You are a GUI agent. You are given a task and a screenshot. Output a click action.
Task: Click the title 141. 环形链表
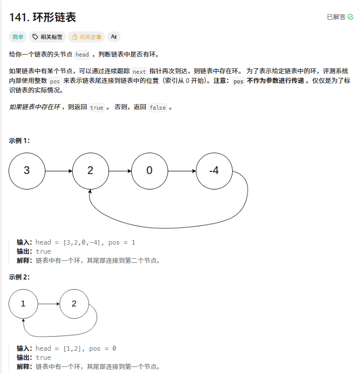pos(42,17)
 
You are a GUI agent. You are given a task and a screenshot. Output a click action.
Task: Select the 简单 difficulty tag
pos(18,36)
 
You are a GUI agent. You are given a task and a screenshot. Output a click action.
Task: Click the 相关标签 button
pos(48,36)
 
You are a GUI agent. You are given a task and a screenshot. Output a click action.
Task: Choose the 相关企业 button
pos(86,36)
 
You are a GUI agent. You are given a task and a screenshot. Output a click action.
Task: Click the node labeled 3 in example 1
pos(27,170)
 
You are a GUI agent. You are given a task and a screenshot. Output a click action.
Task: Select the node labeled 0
pos(149,170)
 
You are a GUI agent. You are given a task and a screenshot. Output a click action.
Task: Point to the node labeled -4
pos(214,170)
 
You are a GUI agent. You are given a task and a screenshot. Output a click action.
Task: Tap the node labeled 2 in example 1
pos(90,170)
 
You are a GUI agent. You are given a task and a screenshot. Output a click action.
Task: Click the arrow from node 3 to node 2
pos(59,171)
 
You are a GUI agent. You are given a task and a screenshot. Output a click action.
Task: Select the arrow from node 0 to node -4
pos(181,171)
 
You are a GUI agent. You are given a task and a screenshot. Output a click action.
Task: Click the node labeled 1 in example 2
pos(23,304)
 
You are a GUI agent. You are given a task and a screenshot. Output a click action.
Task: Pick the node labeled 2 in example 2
pos(74,304)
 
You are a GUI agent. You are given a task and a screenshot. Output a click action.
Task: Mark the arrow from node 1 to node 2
pos(48,304)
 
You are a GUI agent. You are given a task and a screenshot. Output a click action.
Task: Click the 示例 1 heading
pos(19,141)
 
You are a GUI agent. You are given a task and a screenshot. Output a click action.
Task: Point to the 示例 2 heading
pos(19,277)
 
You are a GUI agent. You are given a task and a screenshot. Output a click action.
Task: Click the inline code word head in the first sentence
pos(82,55)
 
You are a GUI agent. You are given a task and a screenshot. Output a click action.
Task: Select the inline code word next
pos(139,72)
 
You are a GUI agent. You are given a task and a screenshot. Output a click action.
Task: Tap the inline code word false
pos(158,108)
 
